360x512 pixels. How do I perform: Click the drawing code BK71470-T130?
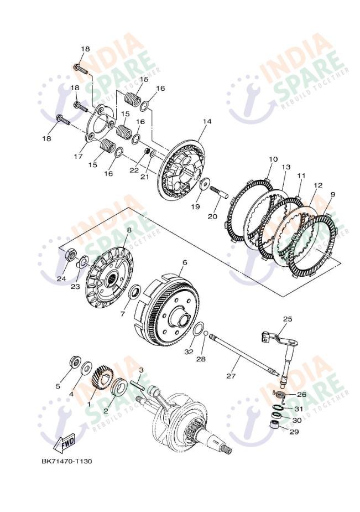point(67,462)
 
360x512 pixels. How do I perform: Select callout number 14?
point(207,121)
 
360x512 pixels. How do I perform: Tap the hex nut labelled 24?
point(71,254)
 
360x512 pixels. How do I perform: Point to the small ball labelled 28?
point(206,333)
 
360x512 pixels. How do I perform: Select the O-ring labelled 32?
point(199,328)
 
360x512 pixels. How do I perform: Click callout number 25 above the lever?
point(288,319)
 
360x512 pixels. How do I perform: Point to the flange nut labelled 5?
point(76,362)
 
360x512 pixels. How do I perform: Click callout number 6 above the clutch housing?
point(185,262)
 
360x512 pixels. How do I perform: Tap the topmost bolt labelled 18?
point(80,69)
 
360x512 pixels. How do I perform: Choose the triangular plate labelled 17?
point(99,124)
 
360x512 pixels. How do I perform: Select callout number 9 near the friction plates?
point(332,195)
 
